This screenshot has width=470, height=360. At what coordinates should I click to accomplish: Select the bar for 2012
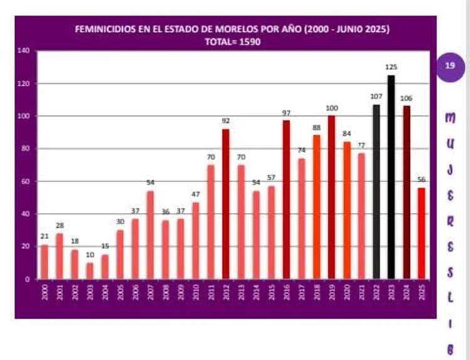click(x=226, y=203)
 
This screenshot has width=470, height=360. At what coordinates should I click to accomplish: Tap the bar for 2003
click(x=90, y=270)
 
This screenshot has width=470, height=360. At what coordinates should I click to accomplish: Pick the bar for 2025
click(x=421, y=233)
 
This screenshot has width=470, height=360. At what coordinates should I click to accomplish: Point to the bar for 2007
click(x=150, y=235)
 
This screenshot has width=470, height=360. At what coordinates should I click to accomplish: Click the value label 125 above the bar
click(x=392, y=67)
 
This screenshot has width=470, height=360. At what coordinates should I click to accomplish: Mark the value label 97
click(x=286, y=113)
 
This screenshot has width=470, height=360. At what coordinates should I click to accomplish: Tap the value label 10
click(x=90, y=255)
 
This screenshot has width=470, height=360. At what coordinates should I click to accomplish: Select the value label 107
click(x=376, y=96)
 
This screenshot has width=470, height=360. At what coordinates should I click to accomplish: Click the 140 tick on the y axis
click(x=24, y=51)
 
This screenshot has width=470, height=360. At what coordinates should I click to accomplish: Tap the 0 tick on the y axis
click(x=29, y=279)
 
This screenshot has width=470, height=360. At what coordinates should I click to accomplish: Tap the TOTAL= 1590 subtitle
click(x=232, y=41)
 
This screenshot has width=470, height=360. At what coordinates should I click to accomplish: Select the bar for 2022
click(x=376, y=192)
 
